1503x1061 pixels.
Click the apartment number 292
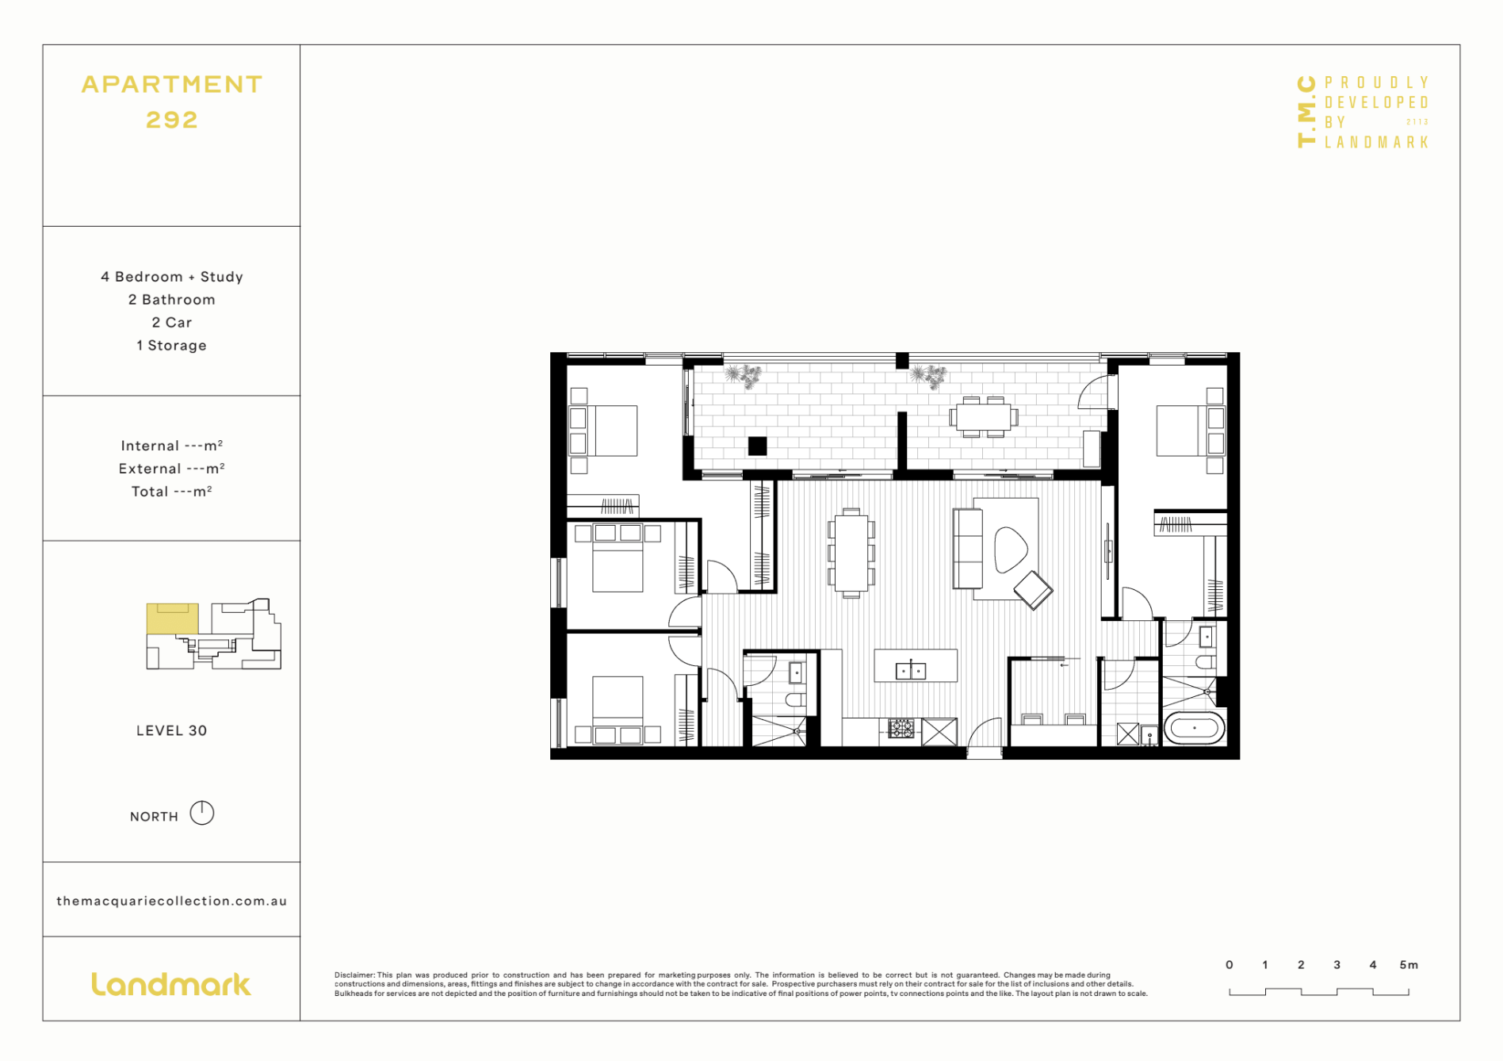(x=171, y=120)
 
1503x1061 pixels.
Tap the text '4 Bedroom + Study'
(x=171, y=277)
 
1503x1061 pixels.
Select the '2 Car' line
(x=171, y=323)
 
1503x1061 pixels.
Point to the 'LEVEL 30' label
(x=171, y=730)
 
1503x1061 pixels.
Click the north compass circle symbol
(x=202, y=813)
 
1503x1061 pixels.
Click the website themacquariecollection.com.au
(x=171, y=901)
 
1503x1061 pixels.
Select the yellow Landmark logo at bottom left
(x=171, y=984)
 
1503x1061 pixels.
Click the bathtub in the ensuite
(x=1194, y=728)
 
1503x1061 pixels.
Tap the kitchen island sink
(x=910, y=671)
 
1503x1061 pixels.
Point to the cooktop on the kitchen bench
(x=901, y=728)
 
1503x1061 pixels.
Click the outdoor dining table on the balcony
(x=983, y=416)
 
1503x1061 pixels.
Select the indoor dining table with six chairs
(x=851, y=553)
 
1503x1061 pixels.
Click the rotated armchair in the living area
(x=1033, y=589)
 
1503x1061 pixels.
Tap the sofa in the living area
(x=967, y=548)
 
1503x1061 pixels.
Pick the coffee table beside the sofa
(x=1010, y=549)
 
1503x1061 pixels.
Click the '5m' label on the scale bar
(x=1408, y=965)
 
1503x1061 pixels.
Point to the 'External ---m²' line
(x=171, y=469)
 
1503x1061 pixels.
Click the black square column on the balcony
(x=757, y=446)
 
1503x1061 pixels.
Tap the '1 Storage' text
(x=171, y=346)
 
